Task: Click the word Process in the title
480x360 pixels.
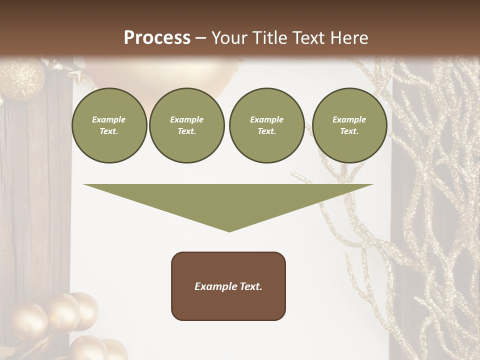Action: coord(157,38)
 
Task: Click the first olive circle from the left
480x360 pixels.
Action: coord(109,125)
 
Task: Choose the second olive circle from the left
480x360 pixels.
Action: coord(186,125)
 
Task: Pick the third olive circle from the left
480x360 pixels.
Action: coord(266,125)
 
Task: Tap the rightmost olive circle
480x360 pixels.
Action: coord(349,125)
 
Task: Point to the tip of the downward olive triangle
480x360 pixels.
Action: coord(229,230)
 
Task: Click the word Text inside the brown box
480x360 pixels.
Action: coord(251,286)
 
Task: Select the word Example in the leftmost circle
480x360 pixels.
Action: coord(109,119)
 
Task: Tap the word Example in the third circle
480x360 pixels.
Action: coord(266,119)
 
